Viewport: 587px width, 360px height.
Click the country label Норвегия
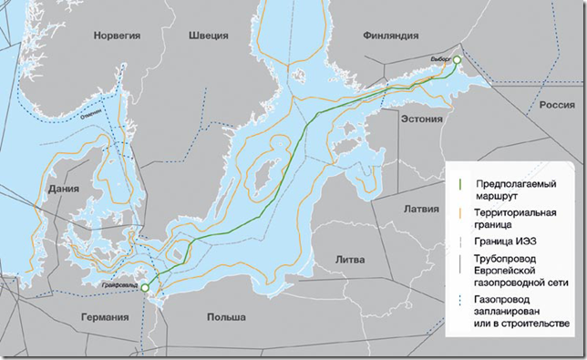tap(116, 35)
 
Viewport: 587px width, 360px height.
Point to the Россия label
tap(556, 106)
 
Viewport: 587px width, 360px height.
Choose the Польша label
tap(225, 316)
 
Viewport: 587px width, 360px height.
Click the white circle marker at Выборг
tap(458, 61)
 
